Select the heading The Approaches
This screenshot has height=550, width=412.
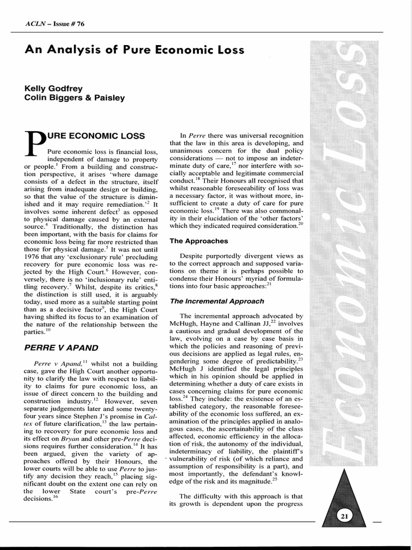(x=198, y=241)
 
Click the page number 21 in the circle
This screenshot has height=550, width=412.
(x=344, y=517)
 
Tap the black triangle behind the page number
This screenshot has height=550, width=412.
(x=344, y=497)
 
